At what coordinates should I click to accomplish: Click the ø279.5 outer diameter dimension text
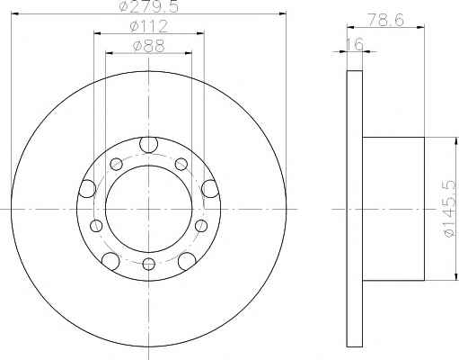coord(149,6)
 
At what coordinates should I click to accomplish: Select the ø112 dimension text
coord(149,26)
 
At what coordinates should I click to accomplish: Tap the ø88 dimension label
coord(149,46)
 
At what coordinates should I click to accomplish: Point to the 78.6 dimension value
coord(385,20)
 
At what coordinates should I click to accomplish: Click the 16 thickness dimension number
coord(355,44)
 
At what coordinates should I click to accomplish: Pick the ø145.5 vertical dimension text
coord(452,209)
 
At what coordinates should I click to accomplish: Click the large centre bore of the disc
coord(149,209)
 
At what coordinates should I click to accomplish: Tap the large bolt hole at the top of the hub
coord(149,145)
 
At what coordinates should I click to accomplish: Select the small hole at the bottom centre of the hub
coord(149,264)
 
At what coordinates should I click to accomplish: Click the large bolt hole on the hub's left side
coord(87,189)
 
